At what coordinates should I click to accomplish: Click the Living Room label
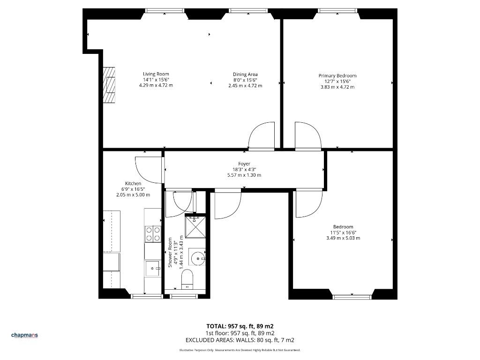[x=156, y=74]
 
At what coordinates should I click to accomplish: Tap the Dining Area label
[x=245, y=74]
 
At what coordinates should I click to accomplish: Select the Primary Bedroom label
[x=337, y=75]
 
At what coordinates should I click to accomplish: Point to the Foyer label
[x=244, y=164]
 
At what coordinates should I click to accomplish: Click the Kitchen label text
[x=133, y=183]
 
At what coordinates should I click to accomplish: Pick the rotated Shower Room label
[x=170, y=253]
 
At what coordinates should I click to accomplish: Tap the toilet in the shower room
[x=187, y=279]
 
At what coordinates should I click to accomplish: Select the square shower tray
[x=195, y=227]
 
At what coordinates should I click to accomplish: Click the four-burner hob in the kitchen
[x=153, y=234]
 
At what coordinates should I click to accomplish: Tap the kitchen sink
[x=152, y=269]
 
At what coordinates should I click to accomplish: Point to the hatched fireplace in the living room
[x=109, y=85]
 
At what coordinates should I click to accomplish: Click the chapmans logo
[x=24, y=335]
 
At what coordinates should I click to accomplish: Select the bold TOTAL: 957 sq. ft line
[x=240, y=326]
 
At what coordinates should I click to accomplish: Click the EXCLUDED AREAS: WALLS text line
[x=240, y=340]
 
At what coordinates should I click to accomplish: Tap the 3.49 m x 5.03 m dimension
[x=343, y=238]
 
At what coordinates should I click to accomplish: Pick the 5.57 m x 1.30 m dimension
[x=244, y=175]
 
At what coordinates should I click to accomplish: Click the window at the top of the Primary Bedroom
[x=337, y=11]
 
